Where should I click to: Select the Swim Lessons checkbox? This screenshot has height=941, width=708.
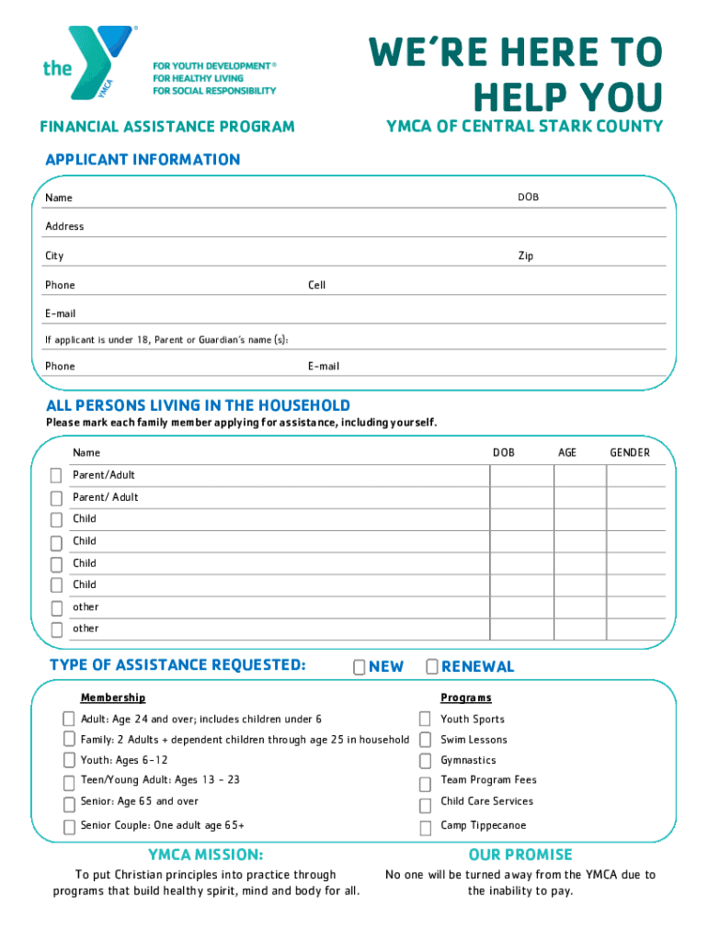[x=425, y=740]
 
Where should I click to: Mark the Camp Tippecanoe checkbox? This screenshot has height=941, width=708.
[x=425, y=827]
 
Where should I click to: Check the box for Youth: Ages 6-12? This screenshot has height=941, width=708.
[x=69, y=760]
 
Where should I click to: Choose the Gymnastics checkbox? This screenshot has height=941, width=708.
[x=425, y=761]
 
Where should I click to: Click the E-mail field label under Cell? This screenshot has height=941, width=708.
[x=324, y=367]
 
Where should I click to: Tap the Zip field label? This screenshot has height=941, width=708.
[x=525, y=256]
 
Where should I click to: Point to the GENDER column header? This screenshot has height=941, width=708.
[x=630, y=453]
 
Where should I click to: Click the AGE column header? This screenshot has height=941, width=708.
[x=567, y=453]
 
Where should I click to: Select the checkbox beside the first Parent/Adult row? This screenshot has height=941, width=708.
[x=56, y=476]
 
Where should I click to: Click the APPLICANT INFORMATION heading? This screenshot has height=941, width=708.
[x=143, y=160]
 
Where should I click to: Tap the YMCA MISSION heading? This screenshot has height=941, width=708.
[x=206, y=855]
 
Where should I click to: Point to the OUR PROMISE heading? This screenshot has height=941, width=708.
[x=520, y=855]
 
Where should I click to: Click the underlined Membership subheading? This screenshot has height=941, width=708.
[x=112, y=698]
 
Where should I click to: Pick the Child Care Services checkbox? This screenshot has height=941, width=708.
[x=425, y=805]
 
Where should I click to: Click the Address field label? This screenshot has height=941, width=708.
[x=64, y=227]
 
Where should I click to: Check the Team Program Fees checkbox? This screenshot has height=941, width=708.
[x=425, y=784]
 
